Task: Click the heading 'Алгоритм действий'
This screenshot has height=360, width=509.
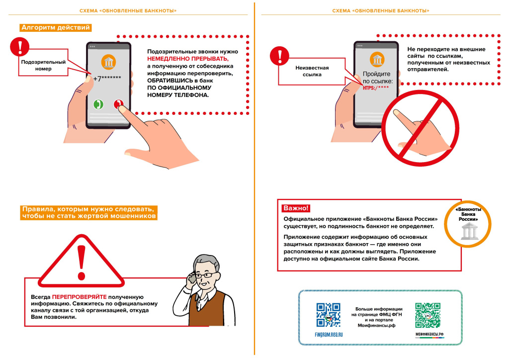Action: point(55,28)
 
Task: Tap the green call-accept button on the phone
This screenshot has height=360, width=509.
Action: point(98,104)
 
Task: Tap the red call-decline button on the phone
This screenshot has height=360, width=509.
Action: point(118,104)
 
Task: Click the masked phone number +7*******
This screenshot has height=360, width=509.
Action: point(108,79)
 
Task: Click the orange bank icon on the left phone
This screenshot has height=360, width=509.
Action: point(108,62)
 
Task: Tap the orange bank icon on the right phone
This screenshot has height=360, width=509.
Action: point(378,61)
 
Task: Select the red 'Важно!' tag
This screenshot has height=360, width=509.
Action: point(296,208)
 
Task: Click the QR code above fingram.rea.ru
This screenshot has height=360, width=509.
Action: point(329,315)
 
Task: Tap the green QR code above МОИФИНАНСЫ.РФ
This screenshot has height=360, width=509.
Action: point(428,315)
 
